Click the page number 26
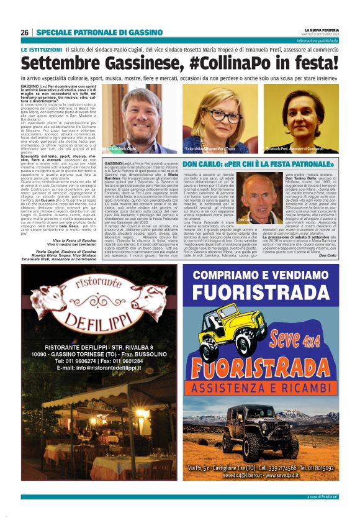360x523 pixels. tap(24, 32)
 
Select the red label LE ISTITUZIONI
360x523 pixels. tap(41, 48)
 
